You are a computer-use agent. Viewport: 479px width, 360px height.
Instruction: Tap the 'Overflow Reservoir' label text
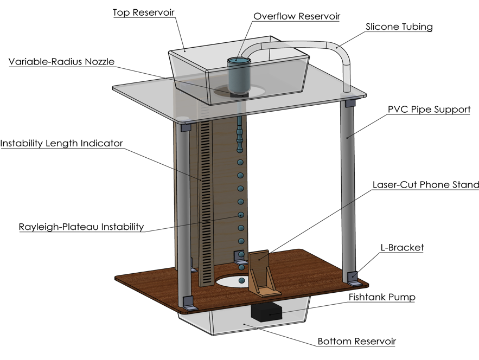[297, 16]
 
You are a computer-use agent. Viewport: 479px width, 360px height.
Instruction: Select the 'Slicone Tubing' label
[399, 27]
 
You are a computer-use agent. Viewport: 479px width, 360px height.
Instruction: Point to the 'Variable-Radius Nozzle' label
[61, 61]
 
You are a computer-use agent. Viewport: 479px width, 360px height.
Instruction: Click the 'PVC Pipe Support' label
[429, 109]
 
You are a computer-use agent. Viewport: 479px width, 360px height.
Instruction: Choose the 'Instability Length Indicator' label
[61, 144]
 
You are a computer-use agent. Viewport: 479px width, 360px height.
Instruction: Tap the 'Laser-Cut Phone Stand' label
[425, 185]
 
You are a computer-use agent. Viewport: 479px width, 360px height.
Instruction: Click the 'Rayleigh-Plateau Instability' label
[81, 227]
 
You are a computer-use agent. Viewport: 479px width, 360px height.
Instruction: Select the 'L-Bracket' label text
[401, 248]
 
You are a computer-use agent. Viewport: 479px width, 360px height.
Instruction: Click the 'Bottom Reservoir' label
[356, 342]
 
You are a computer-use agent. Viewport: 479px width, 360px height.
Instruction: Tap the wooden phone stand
[263, 274]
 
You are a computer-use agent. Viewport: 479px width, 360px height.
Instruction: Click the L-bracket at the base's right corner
[353, 278]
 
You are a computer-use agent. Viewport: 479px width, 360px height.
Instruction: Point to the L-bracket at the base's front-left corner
[188, 304]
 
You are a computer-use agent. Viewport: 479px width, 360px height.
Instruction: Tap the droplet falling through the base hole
[241, 280]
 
